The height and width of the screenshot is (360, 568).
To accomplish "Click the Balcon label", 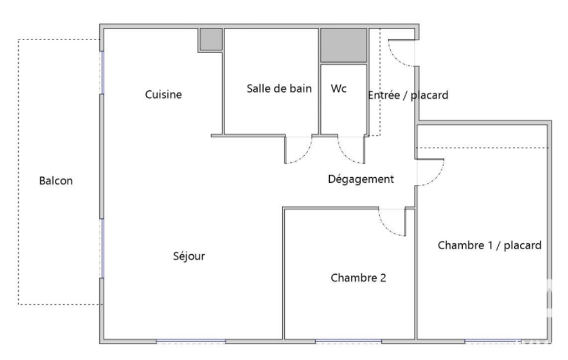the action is pos(56,181).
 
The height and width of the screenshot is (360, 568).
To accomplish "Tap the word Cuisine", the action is pos(163,94).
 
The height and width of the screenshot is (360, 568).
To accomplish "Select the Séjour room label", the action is pos(189,256).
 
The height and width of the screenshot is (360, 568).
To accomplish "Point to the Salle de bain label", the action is pos(279,89).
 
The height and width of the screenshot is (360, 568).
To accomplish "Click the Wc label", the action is pos(339,89).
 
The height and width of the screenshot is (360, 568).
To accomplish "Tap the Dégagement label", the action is pos(361,179).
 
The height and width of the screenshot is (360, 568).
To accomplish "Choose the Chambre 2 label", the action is pos(359,278).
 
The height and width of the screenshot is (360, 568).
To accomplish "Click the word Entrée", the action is pos(383,95).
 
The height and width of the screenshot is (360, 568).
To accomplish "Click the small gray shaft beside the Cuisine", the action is pos(211,39).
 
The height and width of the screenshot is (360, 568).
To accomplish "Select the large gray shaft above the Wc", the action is pos(344,45).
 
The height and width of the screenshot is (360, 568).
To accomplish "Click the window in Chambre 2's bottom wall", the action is pos(349,342).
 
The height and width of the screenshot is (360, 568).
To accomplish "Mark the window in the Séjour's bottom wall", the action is pos(191,342).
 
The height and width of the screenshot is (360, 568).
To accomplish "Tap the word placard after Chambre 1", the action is pos(523,245).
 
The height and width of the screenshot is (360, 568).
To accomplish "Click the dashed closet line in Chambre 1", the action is pos(483,148).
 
